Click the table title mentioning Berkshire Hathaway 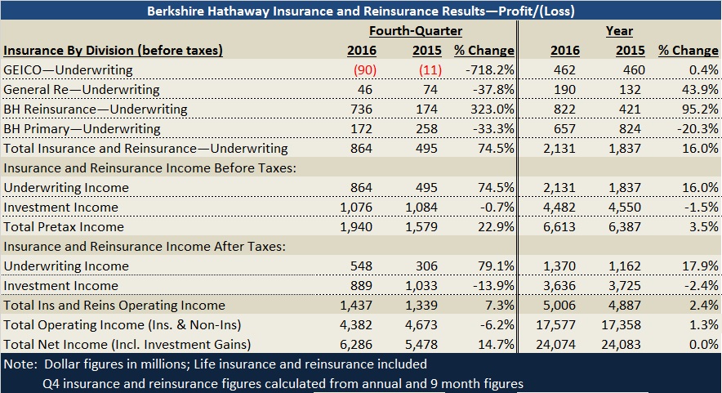pos(361,11)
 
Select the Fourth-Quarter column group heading pos(416,31)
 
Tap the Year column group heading pos(619,31)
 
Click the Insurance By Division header pos(114,51)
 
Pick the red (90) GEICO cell pos(360,70)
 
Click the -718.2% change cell pos(488,70)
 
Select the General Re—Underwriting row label pos(82,90)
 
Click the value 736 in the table pos(361,109)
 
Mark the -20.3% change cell pos(696,129)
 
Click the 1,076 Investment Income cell pos(355,208)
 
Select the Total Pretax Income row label pos(64,227)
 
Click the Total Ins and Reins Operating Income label pos(114,306)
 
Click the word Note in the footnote pos(20,364)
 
